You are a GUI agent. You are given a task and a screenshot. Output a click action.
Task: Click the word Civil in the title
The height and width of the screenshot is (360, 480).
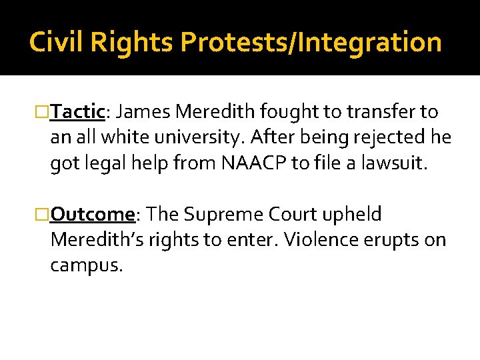54,43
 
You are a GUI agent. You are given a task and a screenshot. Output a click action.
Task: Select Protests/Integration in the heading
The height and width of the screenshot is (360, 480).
311,43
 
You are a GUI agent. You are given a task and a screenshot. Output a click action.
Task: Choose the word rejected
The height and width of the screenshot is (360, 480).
385,137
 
